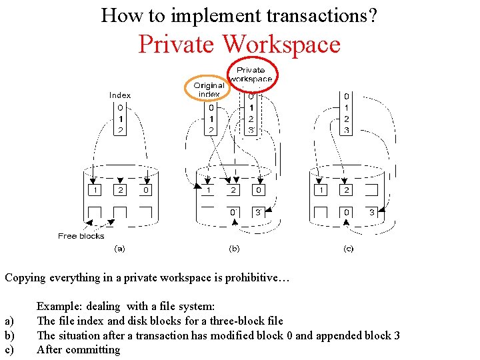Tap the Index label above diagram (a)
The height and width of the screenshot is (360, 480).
point(120,95)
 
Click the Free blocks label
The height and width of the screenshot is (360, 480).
point(81,236)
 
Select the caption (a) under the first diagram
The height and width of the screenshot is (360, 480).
point(120,249)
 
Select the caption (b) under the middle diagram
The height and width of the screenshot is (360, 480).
point(235,249)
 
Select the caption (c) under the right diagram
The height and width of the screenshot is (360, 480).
point(348,249)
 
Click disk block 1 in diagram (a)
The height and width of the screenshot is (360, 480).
point(95,191)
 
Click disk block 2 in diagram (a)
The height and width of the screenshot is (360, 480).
point(120,191)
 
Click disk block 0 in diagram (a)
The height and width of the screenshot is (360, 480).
point(145,191)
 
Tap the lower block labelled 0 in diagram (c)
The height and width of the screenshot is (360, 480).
point(346,213)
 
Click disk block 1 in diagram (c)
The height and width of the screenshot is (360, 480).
point(322,191)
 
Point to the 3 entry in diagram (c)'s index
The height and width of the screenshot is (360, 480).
point(346,131)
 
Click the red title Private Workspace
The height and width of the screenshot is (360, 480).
point(239,44)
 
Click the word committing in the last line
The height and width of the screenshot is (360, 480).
point(93,349)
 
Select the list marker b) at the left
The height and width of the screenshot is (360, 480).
point(9,335)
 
